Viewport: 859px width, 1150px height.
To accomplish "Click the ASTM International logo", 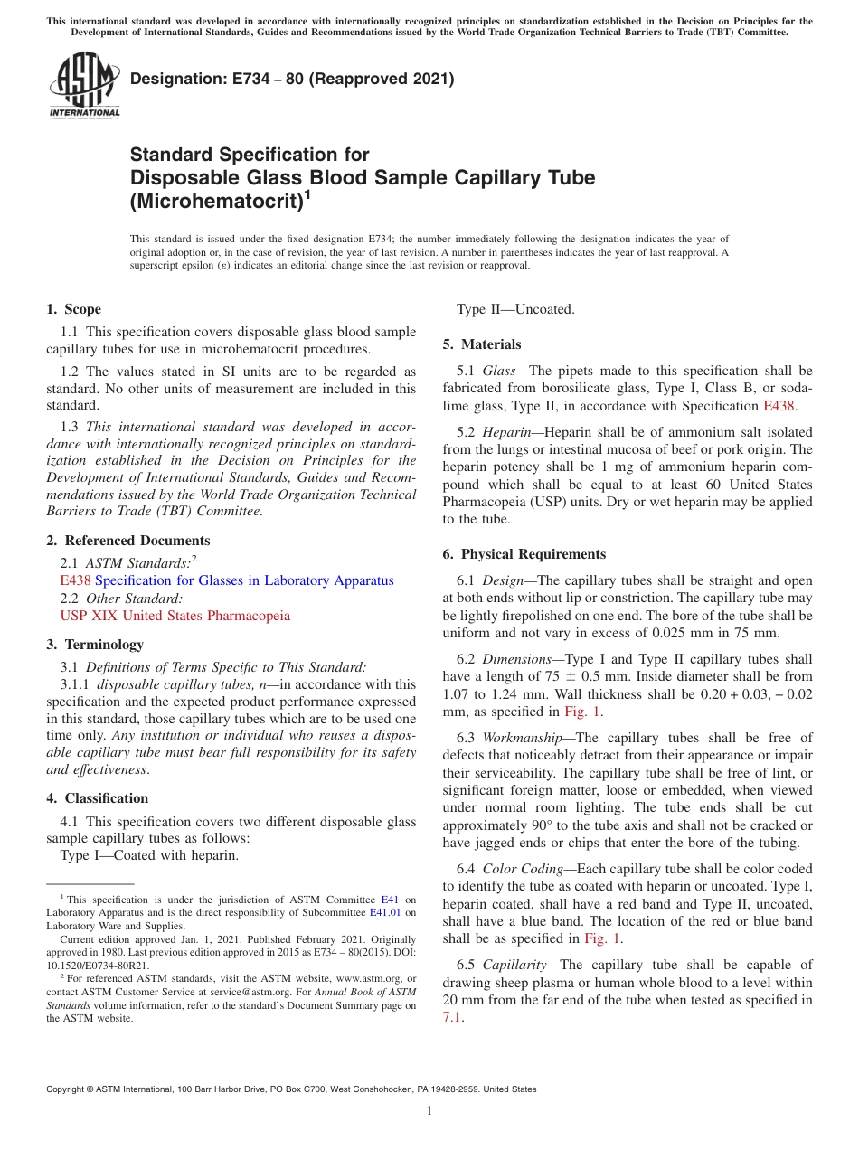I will point(83,86).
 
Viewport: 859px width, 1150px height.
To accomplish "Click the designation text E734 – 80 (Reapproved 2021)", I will point(292,80).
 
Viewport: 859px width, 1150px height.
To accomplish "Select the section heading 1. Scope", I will point(74,309).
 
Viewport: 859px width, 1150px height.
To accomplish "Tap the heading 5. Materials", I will point(482,344).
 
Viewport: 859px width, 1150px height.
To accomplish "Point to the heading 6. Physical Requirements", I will point(524,554).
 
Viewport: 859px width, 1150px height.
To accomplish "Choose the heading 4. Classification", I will point(98,798).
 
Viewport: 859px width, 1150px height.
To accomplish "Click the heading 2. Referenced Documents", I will point(128,541).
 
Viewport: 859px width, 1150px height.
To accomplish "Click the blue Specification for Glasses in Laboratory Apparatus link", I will point(244,580).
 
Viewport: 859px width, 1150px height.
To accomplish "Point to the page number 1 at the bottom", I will point(429,1111).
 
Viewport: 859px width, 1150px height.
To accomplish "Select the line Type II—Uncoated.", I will point(514,309).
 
